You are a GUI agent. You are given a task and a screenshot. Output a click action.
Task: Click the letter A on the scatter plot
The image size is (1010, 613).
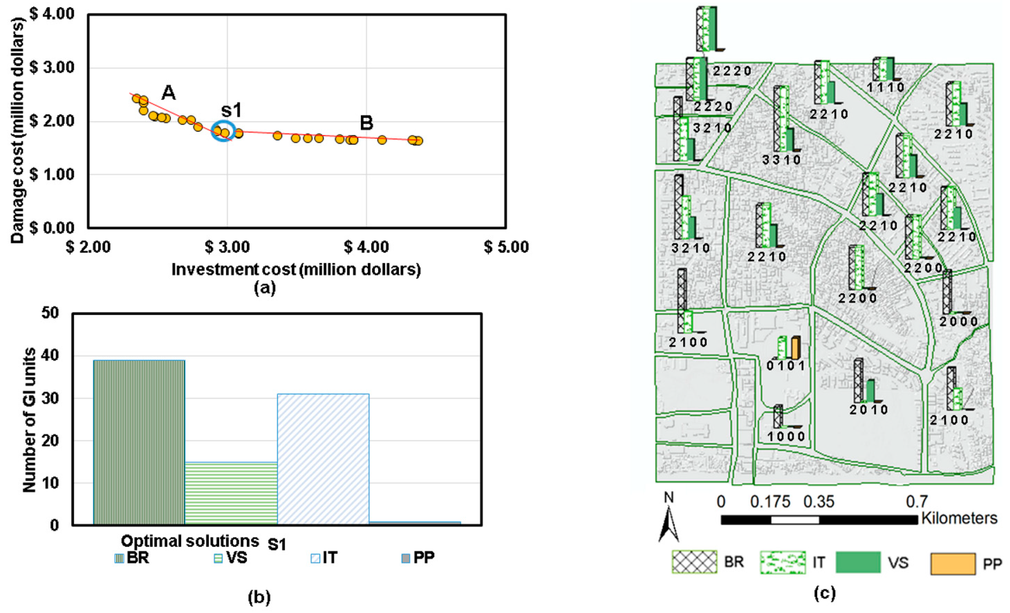[x=168, y=93]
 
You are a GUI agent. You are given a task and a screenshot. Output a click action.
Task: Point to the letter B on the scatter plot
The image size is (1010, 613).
[x=367, y=123]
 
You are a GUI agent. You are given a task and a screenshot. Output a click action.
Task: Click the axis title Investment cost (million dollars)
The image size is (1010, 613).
[x=296, y=270]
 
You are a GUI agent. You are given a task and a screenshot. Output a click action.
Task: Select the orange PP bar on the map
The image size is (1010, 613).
[x=796, y=348]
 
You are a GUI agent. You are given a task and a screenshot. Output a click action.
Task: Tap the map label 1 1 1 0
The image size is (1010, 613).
[x=885, y=87]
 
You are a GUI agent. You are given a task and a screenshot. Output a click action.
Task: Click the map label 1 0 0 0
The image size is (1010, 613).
[x=786, y=437]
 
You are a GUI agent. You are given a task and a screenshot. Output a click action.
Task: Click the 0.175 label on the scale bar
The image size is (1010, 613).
[x=770, y=502]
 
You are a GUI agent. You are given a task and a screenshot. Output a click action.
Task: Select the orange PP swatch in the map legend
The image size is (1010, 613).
[x=953, y=564]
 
